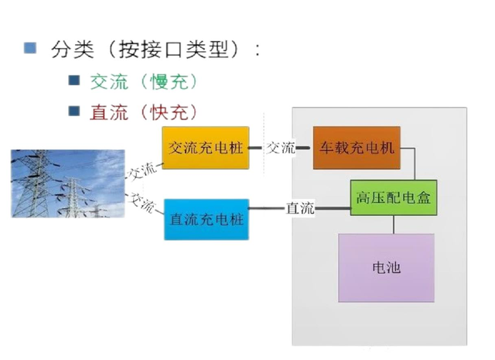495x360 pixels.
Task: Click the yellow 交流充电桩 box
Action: (206, 147)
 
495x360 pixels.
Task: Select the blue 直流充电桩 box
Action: (206, 219)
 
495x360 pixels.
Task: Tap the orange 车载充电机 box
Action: (357, 147)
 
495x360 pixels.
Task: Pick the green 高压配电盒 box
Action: (394, 198)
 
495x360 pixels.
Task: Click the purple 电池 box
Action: (386, 268)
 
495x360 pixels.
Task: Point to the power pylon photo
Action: (68, 183)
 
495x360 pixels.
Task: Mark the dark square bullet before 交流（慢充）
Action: (74, 81)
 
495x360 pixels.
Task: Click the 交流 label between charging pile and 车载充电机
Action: (281, 147)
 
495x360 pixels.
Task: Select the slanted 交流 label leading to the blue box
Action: (143, 202)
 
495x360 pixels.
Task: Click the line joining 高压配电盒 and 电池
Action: (394, 225)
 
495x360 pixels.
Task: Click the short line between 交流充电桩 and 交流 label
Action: (257, 147)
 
